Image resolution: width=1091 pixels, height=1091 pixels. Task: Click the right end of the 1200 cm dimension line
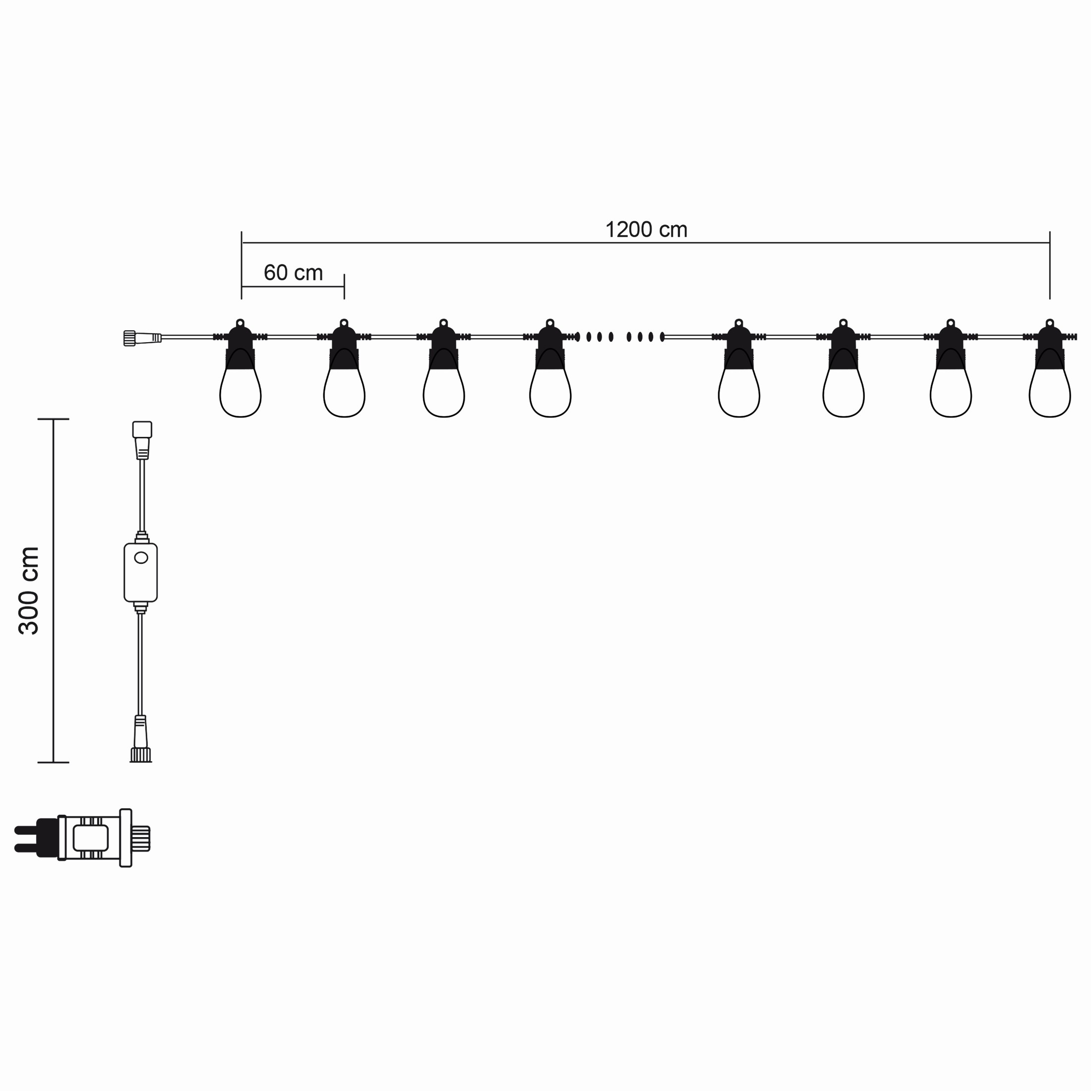pyautogui.click(x=1050, y=243)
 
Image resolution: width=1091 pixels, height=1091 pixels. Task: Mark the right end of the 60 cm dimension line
pyautogui.click(x=344, y=286)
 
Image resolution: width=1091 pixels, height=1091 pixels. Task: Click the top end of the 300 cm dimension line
pyautogui.click(x=53, y=419)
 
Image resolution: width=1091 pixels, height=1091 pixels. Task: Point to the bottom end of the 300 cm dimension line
pyautogui.click(x=53, y=762)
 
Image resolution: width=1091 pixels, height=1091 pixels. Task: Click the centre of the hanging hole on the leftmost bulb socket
pyautogui.click(x=240, y=323)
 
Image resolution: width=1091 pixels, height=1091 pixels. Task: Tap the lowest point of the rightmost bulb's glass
pyautogui.click(x=1050, y=417)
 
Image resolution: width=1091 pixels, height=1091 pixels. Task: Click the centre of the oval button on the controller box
pyautogui.click(x=141, y=558)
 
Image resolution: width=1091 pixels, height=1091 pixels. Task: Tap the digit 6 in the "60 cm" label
pyautogui.click(x=269, y=273)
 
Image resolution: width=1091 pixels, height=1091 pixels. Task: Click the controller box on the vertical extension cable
pyautogui.click(x=141, y=573)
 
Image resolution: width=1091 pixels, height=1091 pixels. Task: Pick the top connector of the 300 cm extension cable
pyautogui.click(x=142, y=440)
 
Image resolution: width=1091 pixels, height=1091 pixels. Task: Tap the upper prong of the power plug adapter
pyautogui.click(x=27, y=830)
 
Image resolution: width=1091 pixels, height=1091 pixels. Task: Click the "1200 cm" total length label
pyautogui.click(x=646, y=230)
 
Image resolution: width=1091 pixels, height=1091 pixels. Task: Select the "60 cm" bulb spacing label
pyautogui.click(x=293, y=273)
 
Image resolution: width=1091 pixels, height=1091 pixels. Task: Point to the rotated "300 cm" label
pyautogui.click(x=28, y=591)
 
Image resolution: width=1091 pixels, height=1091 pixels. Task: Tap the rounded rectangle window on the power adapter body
pyautogui.click(x=90, y=838)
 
